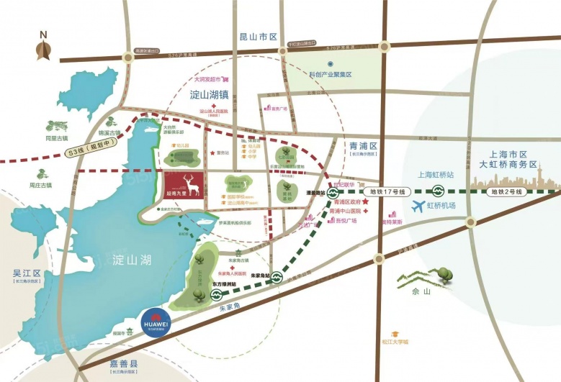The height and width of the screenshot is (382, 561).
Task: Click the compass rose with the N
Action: (43, 50)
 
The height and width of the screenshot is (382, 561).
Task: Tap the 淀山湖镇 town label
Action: (210, 95)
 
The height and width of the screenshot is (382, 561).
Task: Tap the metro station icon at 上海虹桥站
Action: (437, 192)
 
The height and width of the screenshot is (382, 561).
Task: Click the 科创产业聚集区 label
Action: (330, 75)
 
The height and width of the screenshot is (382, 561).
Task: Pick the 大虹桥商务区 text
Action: (509, 165)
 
